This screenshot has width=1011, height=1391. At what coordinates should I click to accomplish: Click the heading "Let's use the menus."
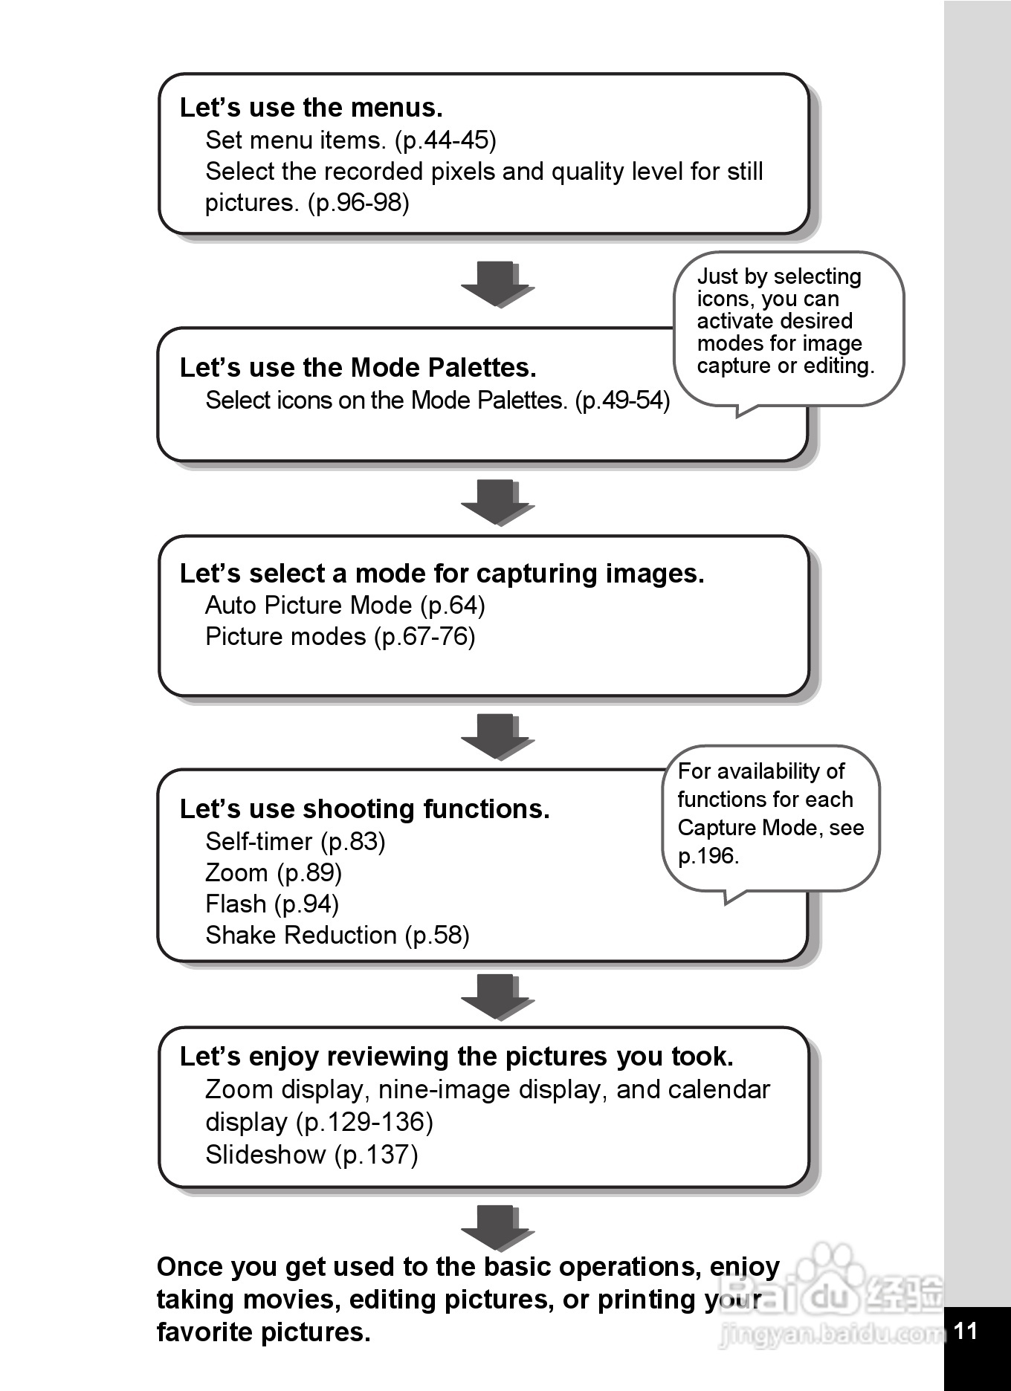(311, 108)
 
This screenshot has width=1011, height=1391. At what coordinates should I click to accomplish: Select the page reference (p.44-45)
(445, 140)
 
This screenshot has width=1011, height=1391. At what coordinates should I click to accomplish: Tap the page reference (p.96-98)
(358, 202)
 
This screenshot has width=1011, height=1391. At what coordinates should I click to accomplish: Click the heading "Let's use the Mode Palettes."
(358, 368)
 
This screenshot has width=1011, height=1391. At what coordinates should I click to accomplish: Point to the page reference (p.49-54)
(622, 401)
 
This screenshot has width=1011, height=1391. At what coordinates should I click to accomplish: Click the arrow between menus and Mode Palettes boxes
(497, 284)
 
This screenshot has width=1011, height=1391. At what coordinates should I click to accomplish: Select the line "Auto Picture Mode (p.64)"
(345, 606)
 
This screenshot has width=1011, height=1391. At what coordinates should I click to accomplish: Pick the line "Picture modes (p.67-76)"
(340, 637)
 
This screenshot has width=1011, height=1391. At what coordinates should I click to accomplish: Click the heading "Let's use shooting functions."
(364, 809)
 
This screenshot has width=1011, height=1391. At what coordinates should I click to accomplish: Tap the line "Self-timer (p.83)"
(295, 841)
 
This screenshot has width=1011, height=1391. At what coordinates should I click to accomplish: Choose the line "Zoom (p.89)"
(274, 872)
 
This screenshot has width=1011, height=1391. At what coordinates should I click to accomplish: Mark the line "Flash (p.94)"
(272, 904)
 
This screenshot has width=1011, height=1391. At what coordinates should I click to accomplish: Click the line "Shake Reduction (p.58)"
(337, 935)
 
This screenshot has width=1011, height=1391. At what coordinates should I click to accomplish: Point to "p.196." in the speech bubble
(708, 856)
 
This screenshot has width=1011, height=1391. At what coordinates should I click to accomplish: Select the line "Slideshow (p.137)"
(311, 1155)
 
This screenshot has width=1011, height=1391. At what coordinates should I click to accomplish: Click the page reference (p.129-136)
(364, 1122)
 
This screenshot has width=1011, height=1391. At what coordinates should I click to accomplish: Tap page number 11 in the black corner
(966, 1330)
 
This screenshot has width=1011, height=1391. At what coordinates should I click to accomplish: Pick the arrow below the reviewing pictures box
(497, 1228)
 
